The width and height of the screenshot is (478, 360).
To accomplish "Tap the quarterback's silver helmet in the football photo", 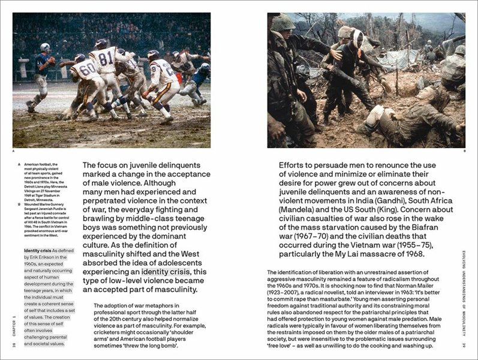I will coord(45,47).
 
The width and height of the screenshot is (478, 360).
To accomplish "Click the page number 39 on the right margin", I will coord(465,344).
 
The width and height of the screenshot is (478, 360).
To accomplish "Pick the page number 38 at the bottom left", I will coord(13,344).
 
